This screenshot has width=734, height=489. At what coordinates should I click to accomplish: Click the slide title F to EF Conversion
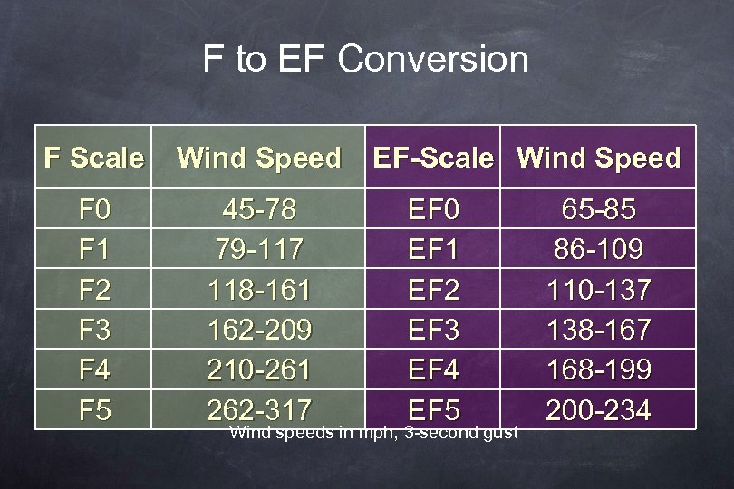point(365,60)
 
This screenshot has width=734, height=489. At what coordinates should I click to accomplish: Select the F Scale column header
point(94,158)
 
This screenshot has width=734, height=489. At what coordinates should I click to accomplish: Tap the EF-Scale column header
point(434,158)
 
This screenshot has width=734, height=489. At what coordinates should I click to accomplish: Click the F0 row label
point(94,211)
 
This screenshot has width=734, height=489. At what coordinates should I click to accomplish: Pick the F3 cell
point(94,330)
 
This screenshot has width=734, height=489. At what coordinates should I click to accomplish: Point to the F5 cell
point(94,410)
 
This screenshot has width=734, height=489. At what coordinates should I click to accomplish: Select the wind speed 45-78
point(259,211)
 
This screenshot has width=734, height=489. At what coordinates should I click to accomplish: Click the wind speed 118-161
point(259,291)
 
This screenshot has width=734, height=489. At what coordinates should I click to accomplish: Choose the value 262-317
point(259,408)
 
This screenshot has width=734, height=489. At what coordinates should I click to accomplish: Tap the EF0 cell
point(434,211)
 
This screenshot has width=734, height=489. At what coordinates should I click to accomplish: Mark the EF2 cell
point(434,291)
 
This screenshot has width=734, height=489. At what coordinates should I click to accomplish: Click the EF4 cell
point(434,370)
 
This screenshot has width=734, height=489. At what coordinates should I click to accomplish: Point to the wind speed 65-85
point(598,211)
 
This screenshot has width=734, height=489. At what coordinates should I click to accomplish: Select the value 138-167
point(598,330)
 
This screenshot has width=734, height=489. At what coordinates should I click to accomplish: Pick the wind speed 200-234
point(598,410)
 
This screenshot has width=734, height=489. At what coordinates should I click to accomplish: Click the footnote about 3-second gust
point(373,433)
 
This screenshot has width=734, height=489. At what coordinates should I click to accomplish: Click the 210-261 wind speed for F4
point(259,370)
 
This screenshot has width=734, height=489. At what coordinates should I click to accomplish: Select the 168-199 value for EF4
point(598,370)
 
